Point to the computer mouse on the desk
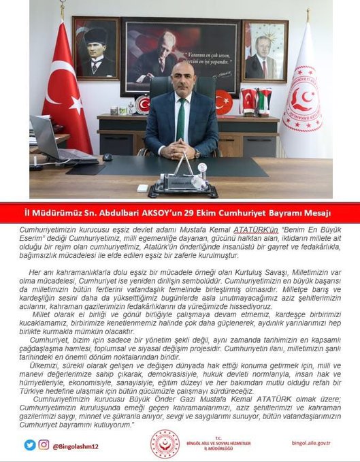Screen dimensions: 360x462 point(108,157)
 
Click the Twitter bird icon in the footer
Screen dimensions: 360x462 point(29,445)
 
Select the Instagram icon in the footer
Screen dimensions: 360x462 point(44,445)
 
